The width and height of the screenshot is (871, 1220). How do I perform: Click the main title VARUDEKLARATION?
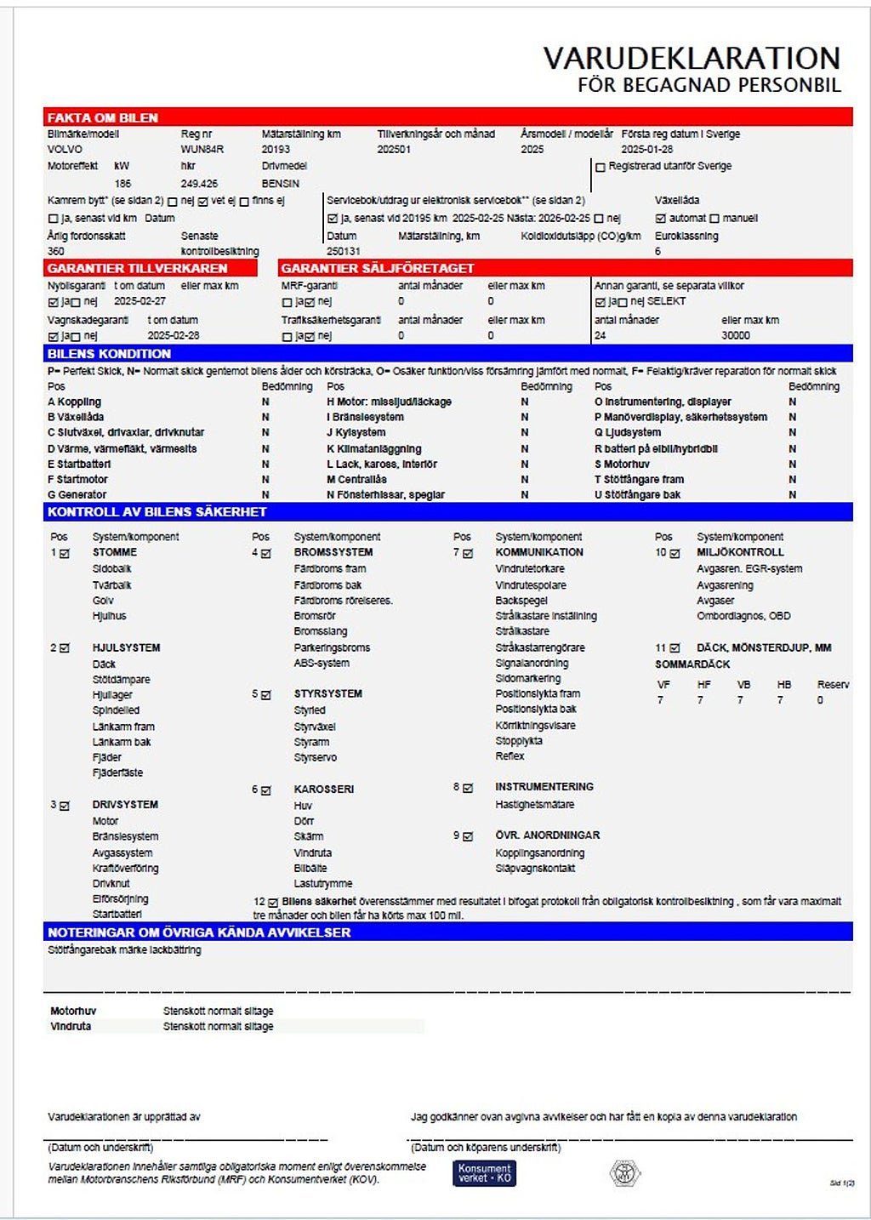click(692, 58)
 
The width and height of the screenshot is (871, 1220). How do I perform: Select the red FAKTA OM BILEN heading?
click(103, 118)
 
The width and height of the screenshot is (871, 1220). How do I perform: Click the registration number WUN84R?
click(202, 150)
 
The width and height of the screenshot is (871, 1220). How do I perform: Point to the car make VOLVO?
click(65, 150)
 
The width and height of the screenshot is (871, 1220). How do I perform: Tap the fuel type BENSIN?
click(281, 184)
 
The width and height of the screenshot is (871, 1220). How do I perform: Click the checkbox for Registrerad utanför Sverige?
click(601, 168)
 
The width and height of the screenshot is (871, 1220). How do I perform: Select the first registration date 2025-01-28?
click(646, 150)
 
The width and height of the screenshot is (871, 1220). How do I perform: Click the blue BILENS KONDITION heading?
click(109, 354)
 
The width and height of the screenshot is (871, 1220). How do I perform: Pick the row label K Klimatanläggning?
click(373, 449)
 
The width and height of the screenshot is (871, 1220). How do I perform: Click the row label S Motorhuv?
click(622, 465)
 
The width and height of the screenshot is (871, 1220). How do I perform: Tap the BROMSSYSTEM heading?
click(333, 552)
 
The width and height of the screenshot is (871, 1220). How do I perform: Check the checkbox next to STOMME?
click(65, 554)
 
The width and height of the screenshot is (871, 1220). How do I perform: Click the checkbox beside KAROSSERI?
click(266, 790)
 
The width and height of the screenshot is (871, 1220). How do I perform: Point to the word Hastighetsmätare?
click(534, 805)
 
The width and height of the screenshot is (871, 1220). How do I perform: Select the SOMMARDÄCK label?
click(692, 664)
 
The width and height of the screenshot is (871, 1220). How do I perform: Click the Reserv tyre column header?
click(833, 685)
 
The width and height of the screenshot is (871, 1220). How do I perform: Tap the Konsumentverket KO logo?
click(484, 1173)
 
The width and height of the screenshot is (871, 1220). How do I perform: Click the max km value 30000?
click(736, 336)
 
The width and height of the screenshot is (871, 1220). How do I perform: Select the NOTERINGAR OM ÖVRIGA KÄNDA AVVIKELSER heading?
click(199, 932)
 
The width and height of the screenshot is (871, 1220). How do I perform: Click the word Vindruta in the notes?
click(71, 1027)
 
